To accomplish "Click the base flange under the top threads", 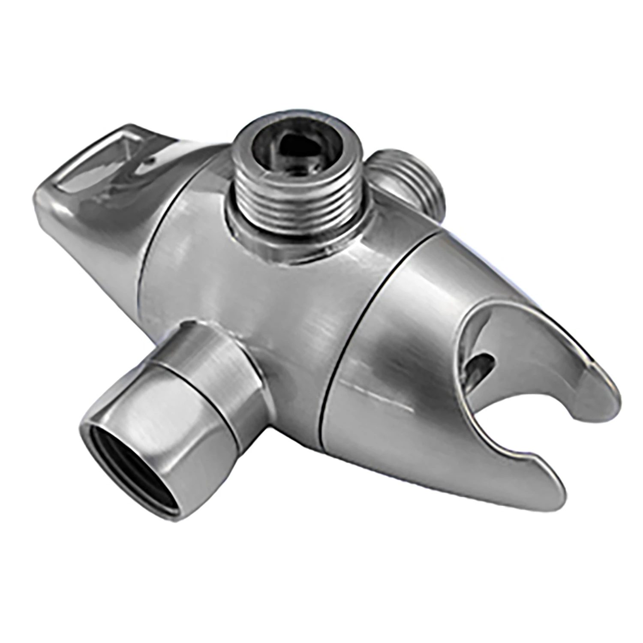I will (300, 240).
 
